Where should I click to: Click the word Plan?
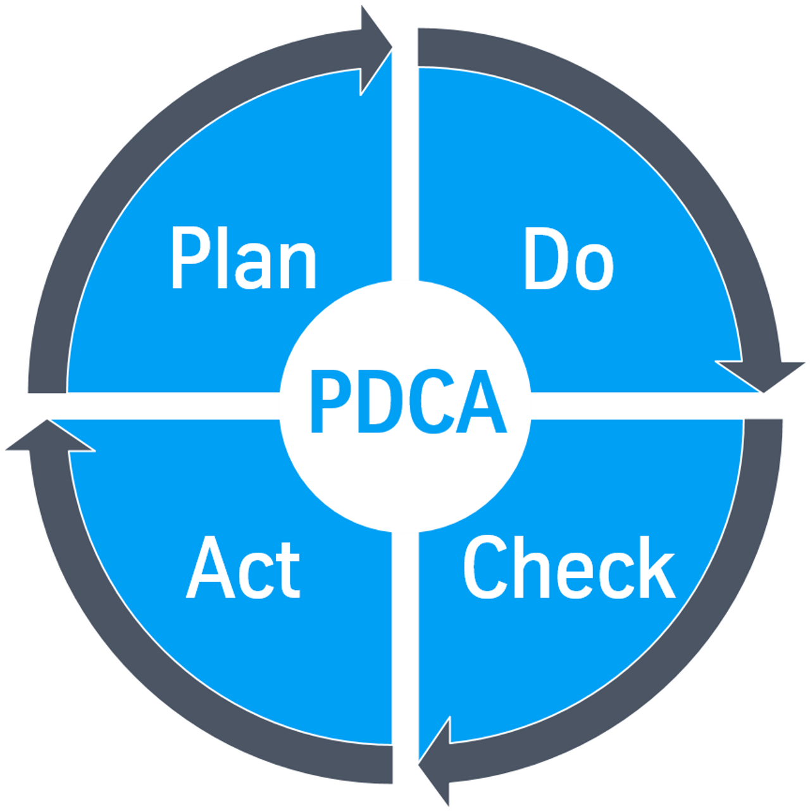tap(244, 258)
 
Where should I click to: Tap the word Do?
tap(569, 258)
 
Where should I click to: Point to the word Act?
tap(243, 567)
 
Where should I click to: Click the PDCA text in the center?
tap(409, 401)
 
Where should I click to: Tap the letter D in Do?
tap(547, 258)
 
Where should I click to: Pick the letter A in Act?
tap(210, 567)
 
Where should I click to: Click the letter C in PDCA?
tap(432, 401)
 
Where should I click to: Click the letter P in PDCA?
tap(331, 401)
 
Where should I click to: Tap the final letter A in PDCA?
tap(482, 401)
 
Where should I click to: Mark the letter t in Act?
tap(288, 570)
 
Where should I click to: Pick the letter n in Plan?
tap(298, 266)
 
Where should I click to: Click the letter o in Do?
tap(594, 267)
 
